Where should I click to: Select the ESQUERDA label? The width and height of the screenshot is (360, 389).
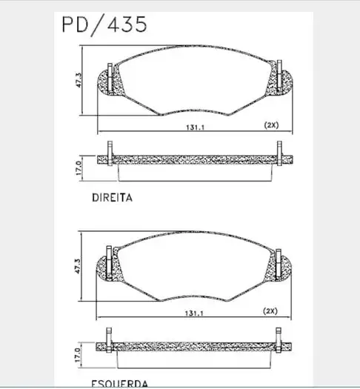coord(119,383)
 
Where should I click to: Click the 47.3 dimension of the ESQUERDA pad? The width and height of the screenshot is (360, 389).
coord(79,265)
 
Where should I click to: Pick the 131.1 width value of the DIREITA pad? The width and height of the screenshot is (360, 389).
coord(196,127)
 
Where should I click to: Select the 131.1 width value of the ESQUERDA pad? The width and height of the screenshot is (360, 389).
coord(196,313)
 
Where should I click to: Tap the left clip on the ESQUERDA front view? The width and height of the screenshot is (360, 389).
coord(110,262)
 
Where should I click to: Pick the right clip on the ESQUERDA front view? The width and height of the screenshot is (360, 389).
coord(279,262)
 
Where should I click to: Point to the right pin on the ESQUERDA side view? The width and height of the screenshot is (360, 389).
coord(279,342)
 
